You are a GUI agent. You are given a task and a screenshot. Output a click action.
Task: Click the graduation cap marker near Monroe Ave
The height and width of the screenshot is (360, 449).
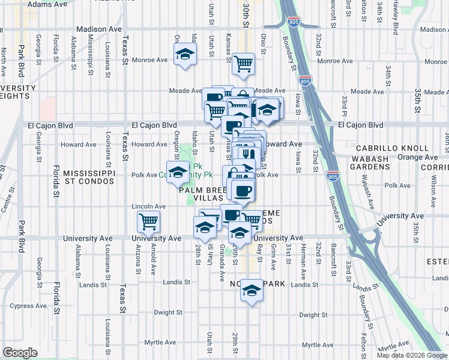(185, 55)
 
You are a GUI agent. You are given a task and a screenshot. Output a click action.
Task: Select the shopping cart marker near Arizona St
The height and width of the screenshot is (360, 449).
(148, 222)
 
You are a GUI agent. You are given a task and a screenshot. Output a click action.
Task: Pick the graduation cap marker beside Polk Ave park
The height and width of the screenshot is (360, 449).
(177, 173)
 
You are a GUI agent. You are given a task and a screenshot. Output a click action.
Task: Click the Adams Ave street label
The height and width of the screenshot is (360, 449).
(47, 4)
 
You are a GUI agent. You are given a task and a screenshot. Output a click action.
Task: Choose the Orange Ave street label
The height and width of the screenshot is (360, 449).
(415, 157)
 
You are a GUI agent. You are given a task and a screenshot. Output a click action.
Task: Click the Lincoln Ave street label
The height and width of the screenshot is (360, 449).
(148, 206)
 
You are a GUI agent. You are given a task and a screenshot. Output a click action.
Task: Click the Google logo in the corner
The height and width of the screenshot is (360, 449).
(19, 353)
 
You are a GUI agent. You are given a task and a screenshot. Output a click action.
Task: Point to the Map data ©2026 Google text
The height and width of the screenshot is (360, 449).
(411, 355)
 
